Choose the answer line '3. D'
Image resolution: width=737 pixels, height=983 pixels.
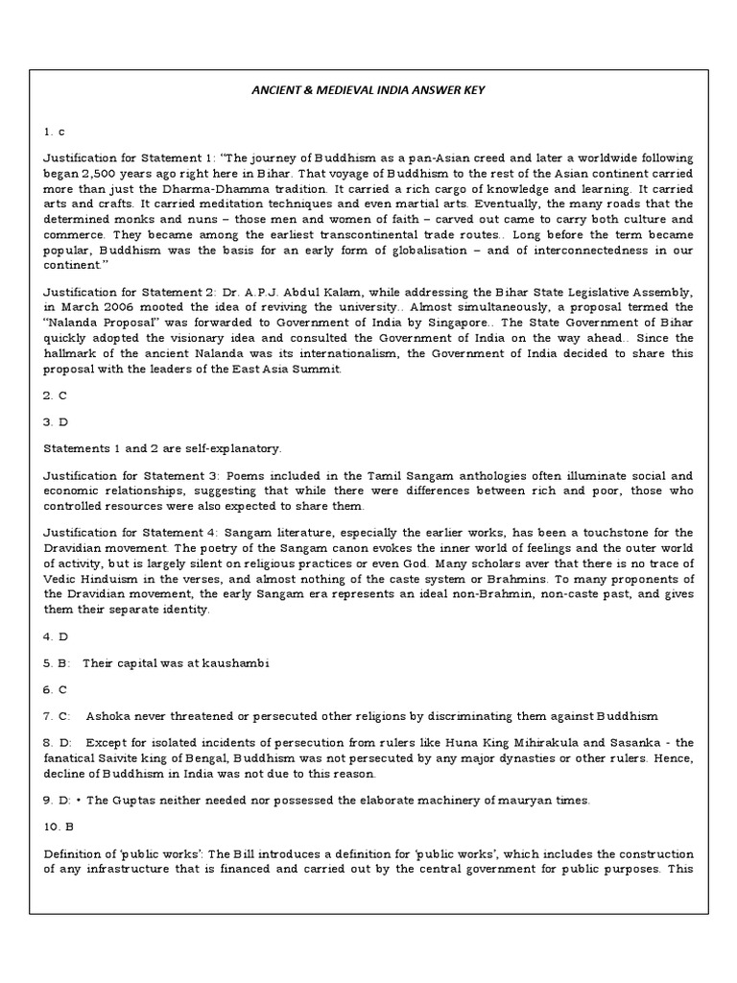pos(53,420)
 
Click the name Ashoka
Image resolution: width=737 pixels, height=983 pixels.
pos(107,715)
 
